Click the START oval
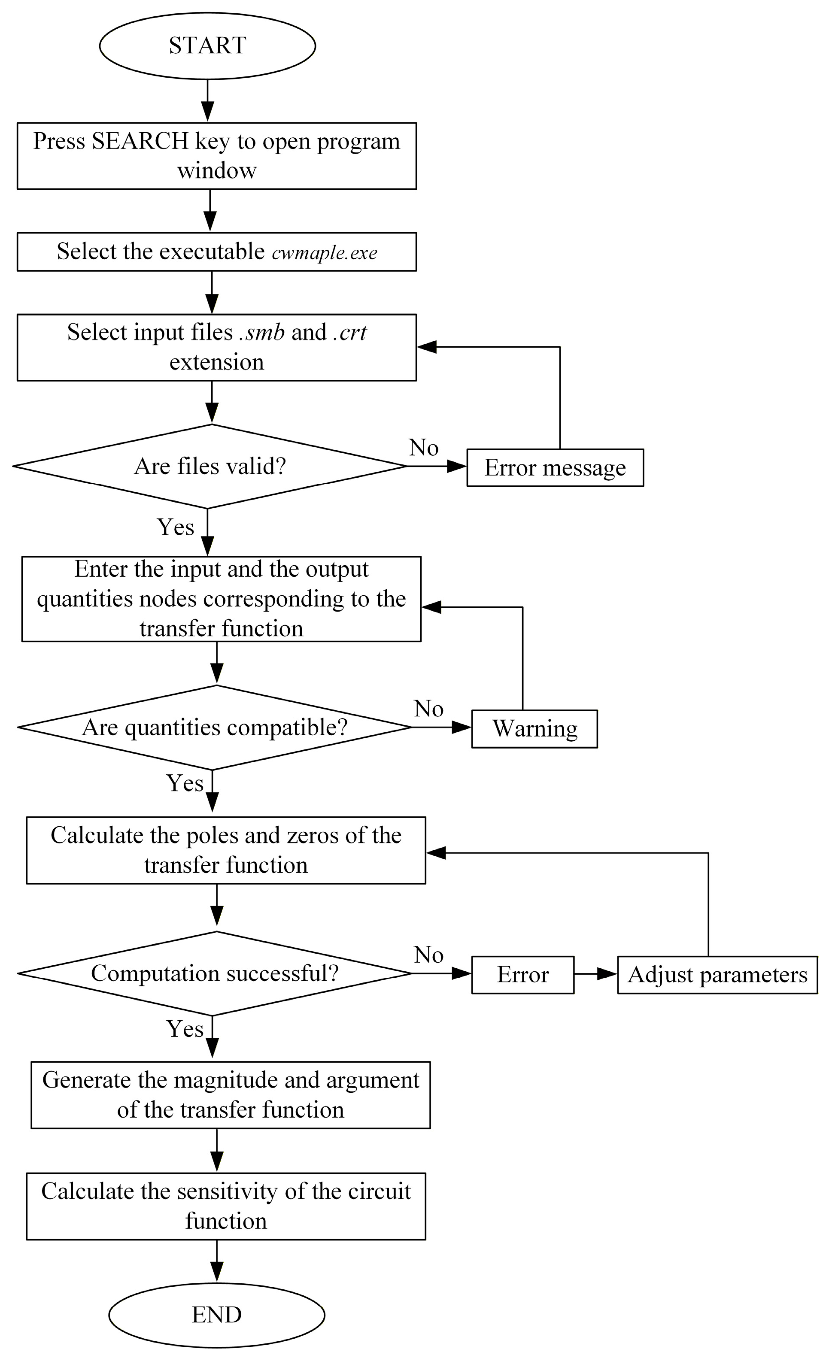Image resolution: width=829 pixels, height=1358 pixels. tap(207, 46)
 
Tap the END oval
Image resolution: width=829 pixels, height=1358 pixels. tap(217, 1315)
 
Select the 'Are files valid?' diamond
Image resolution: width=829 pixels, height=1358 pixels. tap(210, 466)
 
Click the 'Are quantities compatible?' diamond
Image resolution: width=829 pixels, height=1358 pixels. tap(214, 727)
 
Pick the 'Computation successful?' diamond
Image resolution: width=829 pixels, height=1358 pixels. tap(214, 974)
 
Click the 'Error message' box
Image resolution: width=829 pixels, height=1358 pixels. tap(555, 468)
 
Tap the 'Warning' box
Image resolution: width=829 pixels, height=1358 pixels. tap(534, 729)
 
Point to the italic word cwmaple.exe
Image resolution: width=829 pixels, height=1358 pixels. tap(325, 253)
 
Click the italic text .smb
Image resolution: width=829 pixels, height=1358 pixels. tap(262, 332)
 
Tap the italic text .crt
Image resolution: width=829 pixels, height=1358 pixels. tap(350, 332)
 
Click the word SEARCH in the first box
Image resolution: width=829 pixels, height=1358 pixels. tap(140, 141)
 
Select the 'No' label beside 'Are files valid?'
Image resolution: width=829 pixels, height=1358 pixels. tap(423, 448)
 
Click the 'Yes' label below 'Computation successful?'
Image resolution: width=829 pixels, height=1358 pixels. tap(185, 1029)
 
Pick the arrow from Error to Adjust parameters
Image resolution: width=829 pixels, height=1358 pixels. tap(596, 974)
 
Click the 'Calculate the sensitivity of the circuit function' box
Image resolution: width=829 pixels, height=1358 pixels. tap(226, 1206)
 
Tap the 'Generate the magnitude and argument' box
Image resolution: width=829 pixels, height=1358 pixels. tap(231, 1095)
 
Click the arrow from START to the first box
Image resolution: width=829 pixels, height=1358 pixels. tap(207, 100)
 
